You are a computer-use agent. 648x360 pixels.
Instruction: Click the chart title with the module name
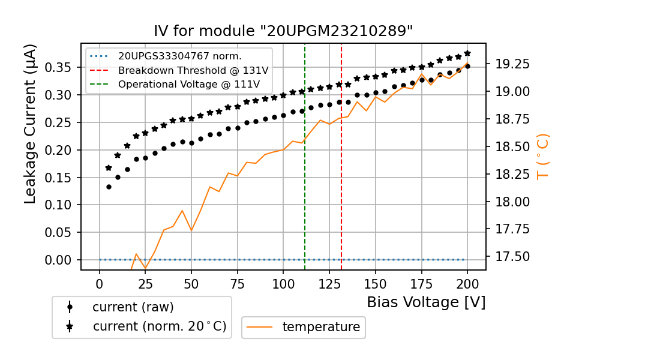(283, 31)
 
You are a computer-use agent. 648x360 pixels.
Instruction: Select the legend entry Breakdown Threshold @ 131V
(193, 70)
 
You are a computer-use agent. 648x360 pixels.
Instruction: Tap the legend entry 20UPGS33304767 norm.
(179, 56)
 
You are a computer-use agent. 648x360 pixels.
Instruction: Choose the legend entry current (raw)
(133, 307)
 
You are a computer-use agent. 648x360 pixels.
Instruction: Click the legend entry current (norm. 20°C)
(159, 326)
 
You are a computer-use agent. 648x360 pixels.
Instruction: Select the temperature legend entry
(321, 327)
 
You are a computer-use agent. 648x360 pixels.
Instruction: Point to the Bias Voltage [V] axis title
(426, 302)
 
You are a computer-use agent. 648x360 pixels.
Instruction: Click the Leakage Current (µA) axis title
(31, 123)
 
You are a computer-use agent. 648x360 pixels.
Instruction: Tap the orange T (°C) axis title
(542, 156)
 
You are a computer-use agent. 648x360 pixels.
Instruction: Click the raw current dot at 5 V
(109, 187)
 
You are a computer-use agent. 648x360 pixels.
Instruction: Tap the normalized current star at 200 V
(467, 53)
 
